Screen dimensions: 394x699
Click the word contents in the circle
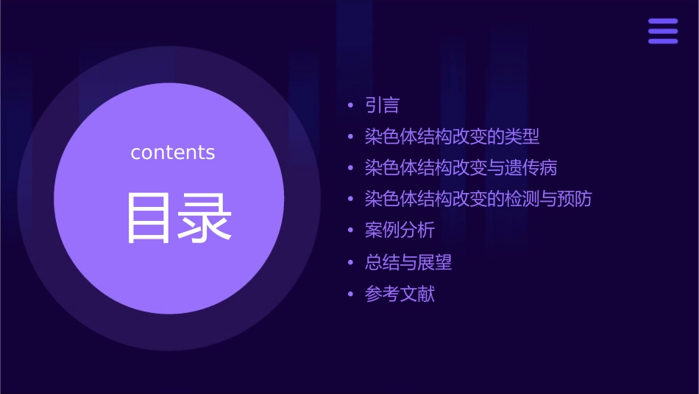tap(173, 152)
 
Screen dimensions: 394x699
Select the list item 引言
tap(382, 105)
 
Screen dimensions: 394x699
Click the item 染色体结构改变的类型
tap(452, 137)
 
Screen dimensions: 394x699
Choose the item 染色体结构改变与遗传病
tap(461, 168)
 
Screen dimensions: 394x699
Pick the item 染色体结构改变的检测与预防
tap(478, 199)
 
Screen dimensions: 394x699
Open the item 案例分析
tap(400, 231)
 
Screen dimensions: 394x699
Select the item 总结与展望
tap(408, 262)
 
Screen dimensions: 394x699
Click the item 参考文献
tap(400, 294)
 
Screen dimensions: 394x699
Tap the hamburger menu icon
tap(663, 31)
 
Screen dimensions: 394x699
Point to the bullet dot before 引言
tap(351, 106)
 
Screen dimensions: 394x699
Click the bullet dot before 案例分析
tap(351, 231)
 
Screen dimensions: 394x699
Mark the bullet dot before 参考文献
tap(351, 295)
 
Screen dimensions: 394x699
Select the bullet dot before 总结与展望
tap(351, 262)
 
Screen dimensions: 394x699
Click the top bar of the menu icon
tap(663, 21)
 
